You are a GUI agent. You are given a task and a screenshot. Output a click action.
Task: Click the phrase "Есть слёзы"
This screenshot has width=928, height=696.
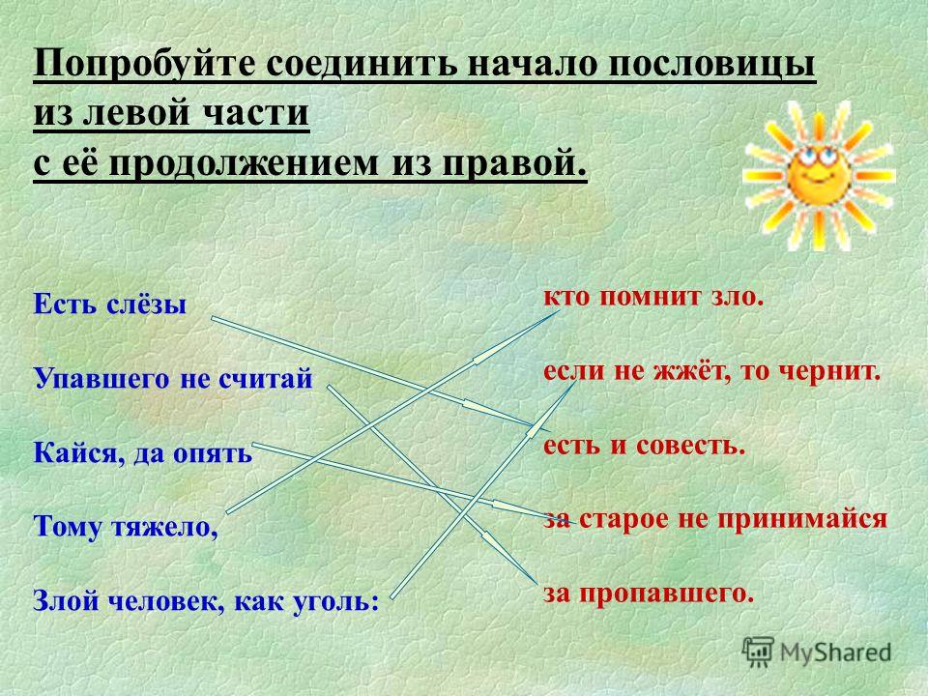pos(110,304)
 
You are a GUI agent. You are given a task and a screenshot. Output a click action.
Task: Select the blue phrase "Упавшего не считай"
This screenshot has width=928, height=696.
pos(173,379)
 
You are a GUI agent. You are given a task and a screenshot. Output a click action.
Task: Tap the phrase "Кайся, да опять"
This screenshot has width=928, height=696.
pos(143,454)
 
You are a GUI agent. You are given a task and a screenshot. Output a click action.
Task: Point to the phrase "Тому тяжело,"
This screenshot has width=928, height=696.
pos(126,527)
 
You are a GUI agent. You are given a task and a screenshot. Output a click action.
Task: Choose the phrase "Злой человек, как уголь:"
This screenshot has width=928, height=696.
pos(206,600)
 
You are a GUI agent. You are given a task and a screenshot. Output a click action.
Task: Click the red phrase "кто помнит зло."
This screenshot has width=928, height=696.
pos(654,297)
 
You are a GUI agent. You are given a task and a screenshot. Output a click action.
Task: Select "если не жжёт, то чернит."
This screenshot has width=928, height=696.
pos(712,371)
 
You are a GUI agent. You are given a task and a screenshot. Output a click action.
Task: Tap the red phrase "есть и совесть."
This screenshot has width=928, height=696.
pos(644,445)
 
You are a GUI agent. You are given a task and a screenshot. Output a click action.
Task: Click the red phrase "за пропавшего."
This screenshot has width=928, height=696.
pos(649,594)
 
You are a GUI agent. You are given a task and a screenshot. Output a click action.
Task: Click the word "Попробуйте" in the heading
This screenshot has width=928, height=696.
pos(144,65)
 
